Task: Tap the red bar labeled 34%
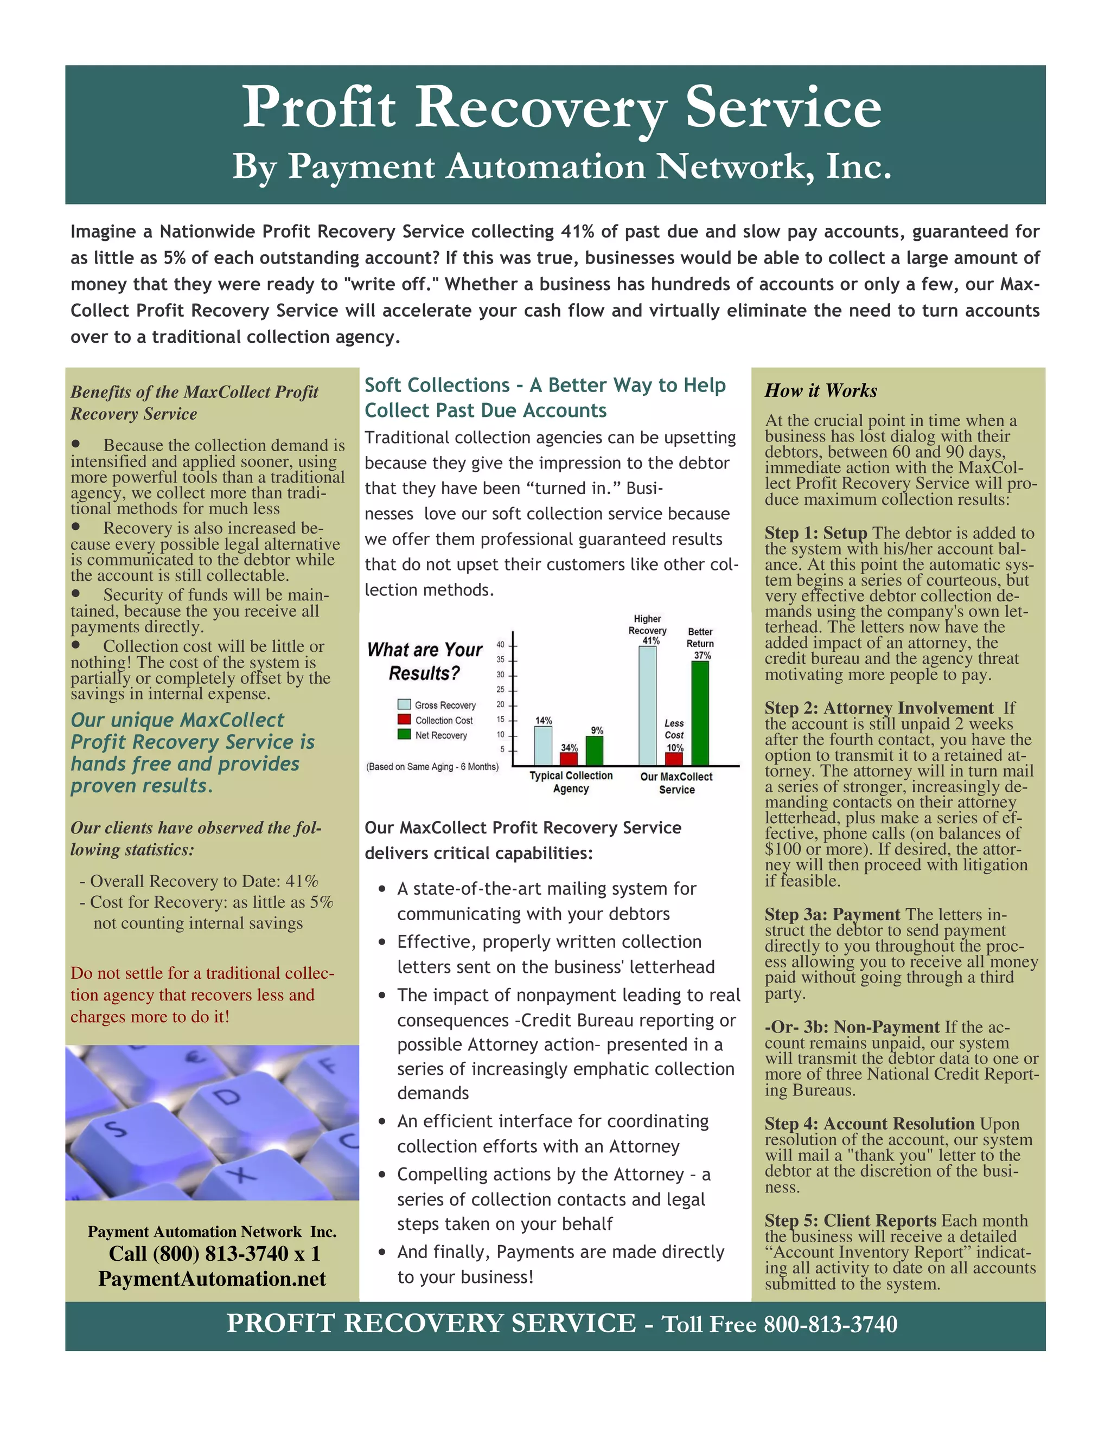click(x=569, y=759)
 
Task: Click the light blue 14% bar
click(x=543, y=746)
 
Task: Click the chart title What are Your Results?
click(x=425, y=661)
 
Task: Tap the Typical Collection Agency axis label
click(x=571, y=781)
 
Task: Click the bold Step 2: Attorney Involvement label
click(x=879, y=708)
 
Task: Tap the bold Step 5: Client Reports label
click(x=850, y=1221)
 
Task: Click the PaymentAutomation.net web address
click(x=212, y=1279)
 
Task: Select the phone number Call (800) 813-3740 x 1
click(x=215, y=1253)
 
